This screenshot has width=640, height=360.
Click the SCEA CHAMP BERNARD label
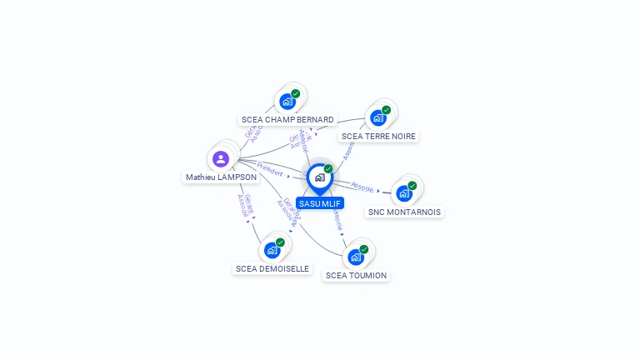pos(287,119)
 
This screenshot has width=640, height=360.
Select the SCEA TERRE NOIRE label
pos(378,136)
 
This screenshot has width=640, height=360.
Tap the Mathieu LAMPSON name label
pos(221,177)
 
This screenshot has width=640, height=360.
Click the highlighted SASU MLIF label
pos(321,203)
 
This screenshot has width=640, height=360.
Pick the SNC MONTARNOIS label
pos(405,212)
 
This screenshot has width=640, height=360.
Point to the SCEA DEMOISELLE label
pos(272,268)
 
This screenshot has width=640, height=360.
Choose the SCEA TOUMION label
pos(356,275)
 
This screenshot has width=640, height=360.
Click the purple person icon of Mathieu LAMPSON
pos(221,158)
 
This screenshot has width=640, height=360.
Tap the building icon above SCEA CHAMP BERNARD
pos(287,102)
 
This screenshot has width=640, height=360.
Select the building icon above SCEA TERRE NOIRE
pos(378,118)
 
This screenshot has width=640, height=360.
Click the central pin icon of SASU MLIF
pos(319,177)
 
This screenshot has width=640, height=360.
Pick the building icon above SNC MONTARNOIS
pos(404,193)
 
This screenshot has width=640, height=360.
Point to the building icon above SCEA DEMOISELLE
pos(272,250)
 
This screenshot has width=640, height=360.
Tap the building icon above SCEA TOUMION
pos(356,257)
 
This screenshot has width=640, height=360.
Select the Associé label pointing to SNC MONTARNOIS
pos(362,186)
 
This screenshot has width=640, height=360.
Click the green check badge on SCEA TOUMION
pos(364,248)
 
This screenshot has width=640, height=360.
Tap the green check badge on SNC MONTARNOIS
pos(412,185)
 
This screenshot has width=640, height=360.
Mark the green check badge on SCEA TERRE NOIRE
pos(387,110)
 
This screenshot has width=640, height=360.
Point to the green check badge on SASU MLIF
pos(328,169)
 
